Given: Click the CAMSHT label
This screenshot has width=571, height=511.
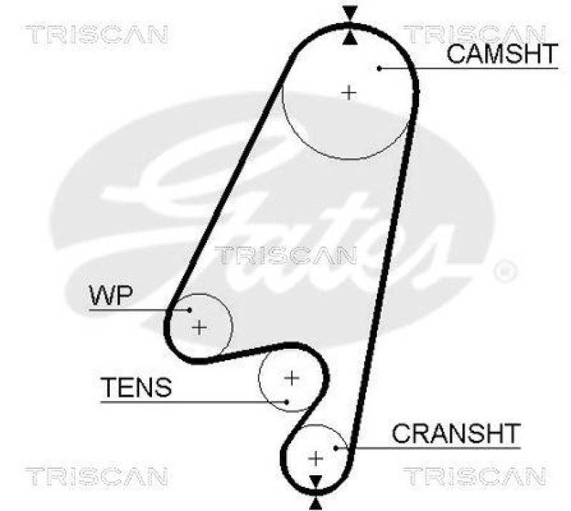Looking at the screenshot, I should pos(501,54).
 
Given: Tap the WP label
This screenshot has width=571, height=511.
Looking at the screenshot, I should pos(111,294).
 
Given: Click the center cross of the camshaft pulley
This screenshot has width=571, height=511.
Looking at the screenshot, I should pos(349,92).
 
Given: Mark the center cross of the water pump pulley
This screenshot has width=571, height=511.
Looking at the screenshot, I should pos(199,327).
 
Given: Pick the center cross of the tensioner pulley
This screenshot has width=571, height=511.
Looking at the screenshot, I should pos(291,377).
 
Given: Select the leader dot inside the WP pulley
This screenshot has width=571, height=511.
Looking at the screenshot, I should pos(190,309).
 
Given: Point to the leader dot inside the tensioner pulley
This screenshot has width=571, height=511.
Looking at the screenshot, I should pos(286,401).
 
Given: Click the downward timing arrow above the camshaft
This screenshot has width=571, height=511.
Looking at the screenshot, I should pos(349,13).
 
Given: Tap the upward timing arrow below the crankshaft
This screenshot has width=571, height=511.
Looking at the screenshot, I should pos(315,503).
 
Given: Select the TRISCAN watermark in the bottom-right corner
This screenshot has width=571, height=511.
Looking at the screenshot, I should pos(475,475).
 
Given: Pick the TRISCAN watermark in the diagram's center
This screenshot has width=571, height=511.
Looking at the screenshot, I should pos(285,254).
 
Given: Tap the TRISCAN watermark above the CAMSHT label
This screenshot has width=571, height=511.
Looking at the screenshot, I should pos(475,34).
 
